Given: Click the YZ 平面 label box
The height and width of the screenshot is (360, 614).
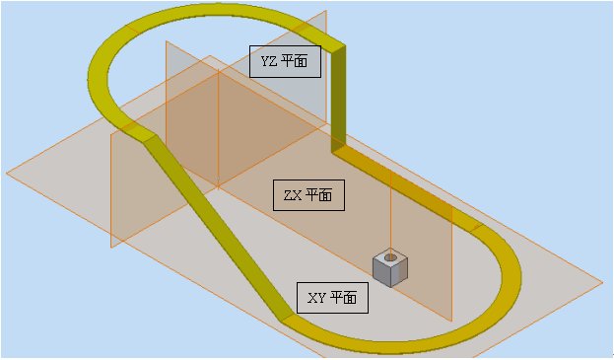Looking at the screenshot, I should [x=285, y=61].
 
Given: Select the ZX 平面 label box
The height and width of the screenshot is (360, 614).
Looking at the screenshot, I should [x=308, y=194].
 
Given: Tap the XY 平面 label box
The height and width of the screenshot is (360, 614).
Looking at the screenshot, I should [x=333, y=297].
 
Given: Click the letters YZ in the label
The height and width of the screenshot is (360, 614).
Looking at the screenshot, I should [x=268, y=61].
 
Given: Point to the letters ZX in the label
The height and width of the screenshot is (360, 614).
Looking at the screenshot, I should [x=292, y=194].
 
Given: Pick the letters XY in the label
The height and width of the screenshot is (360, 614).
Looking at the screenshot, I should [x=316, y=297].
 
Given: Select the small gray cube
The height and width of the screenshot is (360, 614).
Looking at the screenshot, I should [x=389, y=266].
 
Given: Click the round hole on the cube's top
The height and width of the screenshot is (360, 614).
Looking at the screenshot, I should [x=390, y=257].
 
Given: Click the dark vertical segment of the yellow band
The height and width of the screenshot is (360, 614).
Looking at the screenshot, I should [x=339, y=99].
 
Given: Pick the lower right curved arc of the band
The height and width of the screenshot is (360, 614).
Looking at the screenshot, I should [x=493, y=296].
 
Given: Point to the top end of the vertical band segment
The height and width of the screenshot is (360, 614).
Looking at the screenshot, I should [x=339, y=47].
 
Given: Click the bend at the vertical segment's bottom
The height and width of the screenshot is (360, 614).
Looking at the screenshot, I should [x=339, y=150].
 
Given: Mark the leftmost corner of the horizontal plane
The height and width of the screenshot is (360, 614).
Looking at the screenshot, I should [x=8, y=174].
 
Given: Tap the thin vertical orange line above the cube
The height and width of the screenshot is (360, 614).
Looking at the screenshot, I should [x=391, y=212].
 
